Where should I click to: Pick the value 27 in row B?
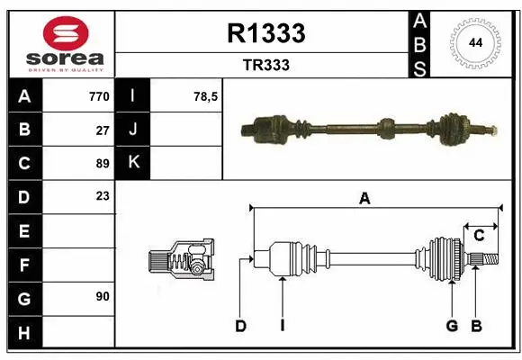click(x=102, y=130)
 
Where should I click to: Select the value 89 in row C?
click(x=102, y=163)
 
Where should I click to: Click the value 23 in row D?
click(x=102, y=196)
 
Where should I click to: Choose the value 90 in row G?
click(x=102, y=296)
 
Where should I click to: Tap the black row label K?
click(x=134, y=163)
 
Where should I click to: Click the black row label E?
click(x=24, y=230)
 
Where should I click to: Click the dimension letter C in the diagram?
click(x=480, y=236)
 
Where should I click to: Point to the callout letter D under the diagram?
click(x=240, y=326)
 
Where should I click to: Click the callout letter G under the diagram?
click(x=452, y=326)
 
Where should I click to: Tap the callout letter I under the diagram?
click(x=282, y=326)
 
